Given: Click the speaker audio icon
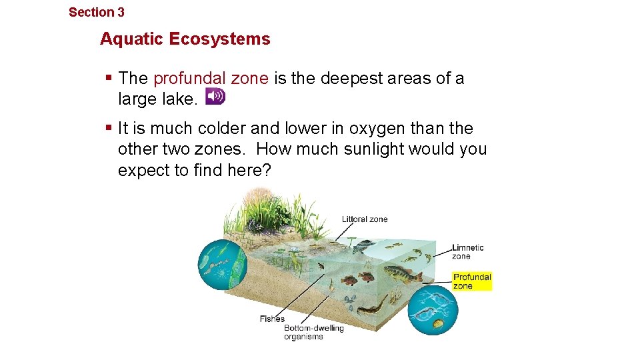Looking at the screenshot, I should point(215,97).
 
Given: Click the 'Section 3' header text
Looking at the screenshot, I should point(97,12).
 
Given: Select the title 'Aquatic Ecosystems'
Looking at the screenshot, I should point(185,39).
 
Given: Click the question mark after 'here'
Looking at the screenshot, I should point(267,170).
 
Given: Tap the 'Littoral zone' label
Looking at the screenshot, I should point(365,219).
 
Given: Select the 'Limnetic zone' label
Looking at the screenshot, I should point(467,251).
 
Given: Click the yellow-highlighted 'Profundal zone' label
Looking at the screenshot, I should point(472,281).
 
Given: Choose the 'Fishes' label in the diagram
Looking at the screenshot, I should point(272,319).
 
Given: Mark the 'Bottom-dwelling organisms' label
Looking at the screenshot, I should point(313,332).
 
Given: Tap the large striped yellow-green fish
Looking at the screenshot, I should point(402,273).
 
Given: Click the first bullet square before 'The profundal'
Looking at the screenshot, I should point(109,78).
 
